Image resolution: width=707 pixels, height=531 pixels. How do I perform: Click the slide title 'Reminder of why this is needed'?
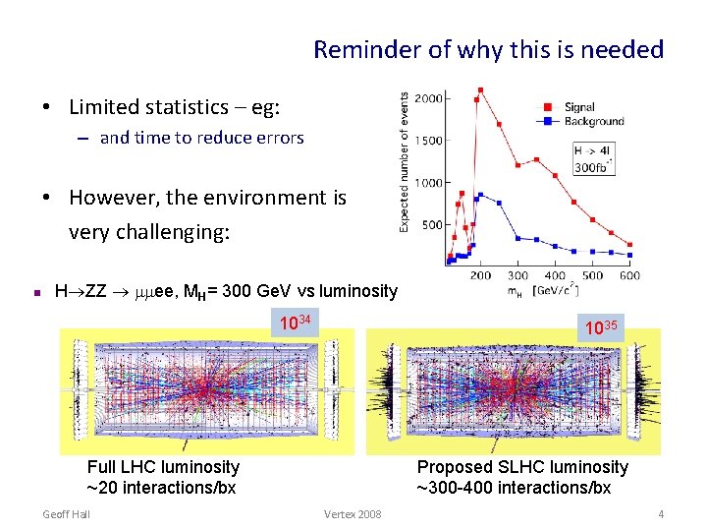click(488, 49)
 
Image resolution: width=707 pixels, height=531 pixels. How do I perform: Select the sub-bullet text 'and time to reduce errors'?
click(201, 138)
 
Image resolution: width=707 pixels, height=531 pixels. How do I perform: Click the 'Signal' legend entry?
click(578, 107)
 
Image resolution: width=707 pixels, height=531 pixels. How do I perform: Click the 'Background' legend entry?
click(593, 121)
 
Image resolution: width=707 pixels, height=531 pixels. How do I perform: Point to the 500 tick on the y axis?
click(432, 224)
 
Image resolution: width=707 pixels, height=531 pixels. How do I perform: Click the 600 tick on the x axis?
click(629, 276)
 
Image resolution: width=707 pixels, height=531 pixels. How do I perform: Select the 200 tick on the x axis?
click(480, 276)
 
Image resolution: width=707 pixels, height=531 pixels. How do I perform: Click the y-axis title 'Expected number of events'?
click(405, 162)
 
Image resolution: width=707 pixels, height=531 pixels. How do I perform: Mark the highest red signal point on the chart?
click(480, 89)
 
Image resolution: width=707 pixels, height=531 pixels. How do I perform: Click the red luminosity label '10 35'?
click(600, 326)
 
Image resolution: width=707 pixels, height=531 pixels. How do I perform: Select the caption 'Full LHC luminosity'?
click(163, 467)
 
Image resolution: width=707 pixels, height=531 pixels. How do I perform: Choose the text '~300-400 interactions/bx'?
click(514, 488)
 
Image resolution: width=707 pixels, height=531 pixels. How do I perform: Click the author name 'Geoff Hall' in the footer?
click(68, 514)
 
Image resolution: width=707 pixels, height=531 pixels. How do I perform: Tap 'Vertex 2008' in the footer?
click(353, 514)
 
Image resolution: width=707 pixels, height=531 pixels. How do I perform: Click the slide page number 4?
click(661, 514)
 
